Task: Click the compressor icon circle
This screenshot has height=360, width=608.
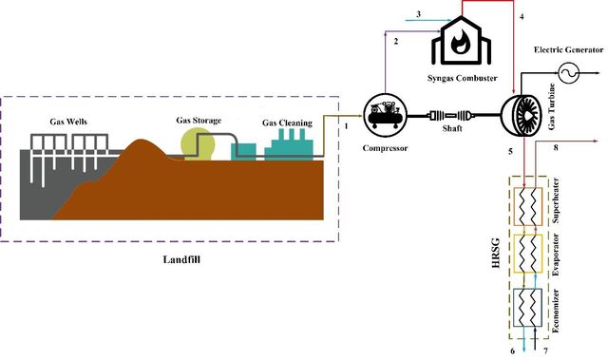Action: click(385, 116)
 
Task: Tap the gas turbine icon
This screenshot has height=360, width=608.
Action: click(522, 115)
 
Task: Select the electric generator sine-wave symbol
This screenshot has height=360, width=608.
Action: click(569, 72)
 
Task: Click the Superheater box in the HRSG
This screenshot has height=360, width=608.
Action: click(528, 206)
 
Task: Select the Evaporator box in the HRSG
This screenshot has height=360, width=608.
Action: click(528, 254)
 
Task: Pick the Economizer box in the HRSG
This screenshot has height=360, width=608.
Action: click(528, 308)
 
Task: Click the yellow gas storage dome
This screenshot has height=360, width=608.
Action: click(198, 144)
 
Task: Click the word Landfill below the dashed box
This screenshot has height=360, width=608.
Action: click(181, 259)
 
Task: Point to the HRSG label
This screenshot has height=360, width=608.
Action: click(496, 254)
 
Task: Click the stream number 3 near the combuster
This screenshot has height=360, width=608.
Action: click(418, 14)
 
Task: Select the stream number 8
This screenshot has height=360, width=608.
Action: click(556, 147)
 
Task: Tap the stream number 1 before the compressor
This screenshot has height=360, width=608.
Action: click(346, 126)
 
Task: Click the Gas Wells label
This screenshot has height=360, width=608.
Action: click(68, 122)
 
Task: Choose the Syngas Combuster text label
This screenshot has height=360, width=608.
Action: click(463, 78)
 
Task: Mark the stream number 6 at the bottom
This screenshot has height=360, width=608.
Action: click(513, 351)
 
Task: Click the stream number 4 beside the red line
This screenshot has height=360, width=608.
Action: click(522, 17)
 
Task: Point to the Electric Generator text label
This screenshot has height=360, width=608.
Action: click(568, 49)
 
